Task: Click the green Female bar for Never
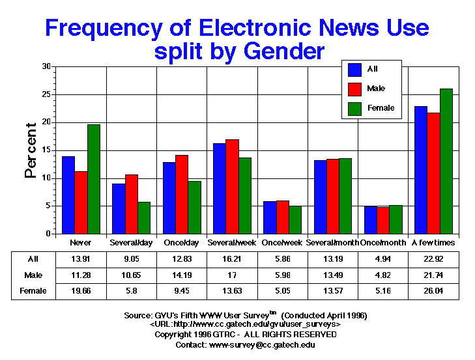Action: pos(94,179)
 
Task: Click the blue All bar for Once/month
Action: pos(370,220)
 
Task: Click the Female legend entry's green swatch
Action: pos(356,107)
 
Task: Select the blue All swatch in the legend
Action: pos(356,69)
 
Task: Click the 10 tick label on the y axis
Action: pos(46,178)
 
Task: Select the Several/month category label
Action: pos(332,242)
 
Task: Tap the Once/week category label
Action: pos(282,242)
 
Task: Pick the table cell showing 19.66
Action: pos(81,291)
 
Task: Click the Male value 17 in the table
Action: pos(232,275)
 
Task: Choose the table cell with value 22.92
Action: pos(433,258)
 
